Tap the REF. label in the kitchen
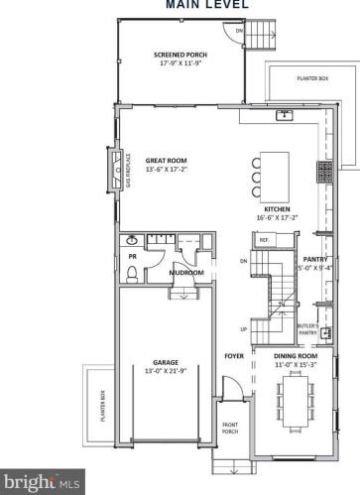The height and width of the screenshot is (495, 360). tap(265, 240)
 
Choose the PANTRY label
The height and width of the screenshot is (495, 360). tap(315, 259)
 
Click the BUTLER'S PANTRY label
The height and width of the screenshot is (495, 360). tap(308, 328)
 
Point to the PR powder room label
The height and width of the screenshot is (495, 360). tap(132, 255)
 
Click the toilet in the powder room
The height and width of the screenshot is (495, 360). tap(131, 240)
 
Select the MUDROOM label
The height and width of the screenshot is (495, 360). tap(186, 272)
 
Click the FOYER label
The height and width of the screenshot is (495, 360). tap(234, 353)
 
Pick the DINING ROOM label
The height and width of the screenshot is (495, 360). tap(295, 354)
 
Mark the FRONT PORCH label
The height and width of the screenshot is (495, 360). tap(230, 429)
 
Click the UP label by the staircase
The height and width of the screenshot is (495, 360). tap(244, 329)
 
